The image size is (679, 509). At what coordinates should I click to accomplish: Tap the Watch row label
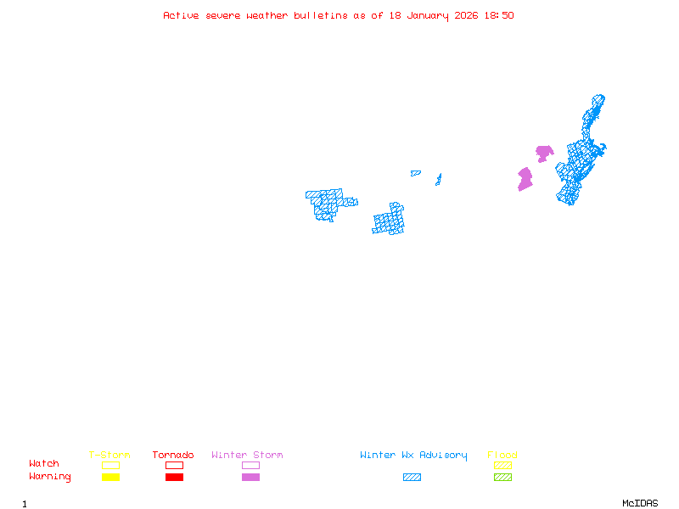click(x=44, y=464)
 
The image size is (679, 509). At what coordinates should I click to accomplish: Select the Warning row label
click(x=49, y=477)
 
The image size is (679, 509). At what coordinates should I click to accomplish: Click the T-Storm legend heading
click(x=109, y=455)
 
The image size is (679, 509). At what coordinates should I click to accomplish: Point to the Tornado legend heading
click(x=173, y=455)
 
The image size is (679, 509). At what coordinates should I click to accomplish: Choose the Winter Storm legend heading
click(x=247, y=455)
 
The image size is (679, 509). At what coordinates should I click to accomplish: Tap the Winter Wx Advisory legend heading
click(x=413, y=455)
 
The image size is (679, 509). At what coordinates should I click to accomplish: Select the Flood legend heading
click(x=502, y=455)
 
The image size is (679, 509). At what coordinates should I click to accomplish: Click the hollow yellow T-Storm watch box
click(x=110, y=465)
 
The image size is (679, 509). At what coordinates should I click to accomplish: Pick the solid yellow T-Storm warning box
click(x=110, y=477)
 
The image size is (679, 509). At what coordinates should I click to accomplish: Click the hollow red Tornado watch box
click(x=174, y=465)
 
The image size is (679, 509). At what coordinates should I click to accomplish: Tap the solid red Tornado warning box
click(x=174, y=477)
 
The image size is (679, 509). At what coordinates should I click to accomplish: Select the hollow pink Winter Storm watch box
click(x=250, y=465)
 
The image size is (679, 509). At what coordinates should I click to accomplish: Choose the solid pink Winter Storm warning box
click(x=250, y=477)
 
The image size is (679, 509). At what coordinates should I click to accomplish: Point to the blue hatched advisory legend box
click(x=412, y=477)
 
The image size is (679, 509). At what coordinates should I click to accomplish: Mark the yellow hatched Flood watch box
click(x=502, y=465)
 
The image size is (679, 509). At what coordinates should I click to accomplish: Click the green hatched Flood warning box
click(x=502, y=477)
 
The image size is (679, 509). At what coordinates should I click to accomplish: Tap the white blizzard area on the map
click(x=350, y=193)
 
